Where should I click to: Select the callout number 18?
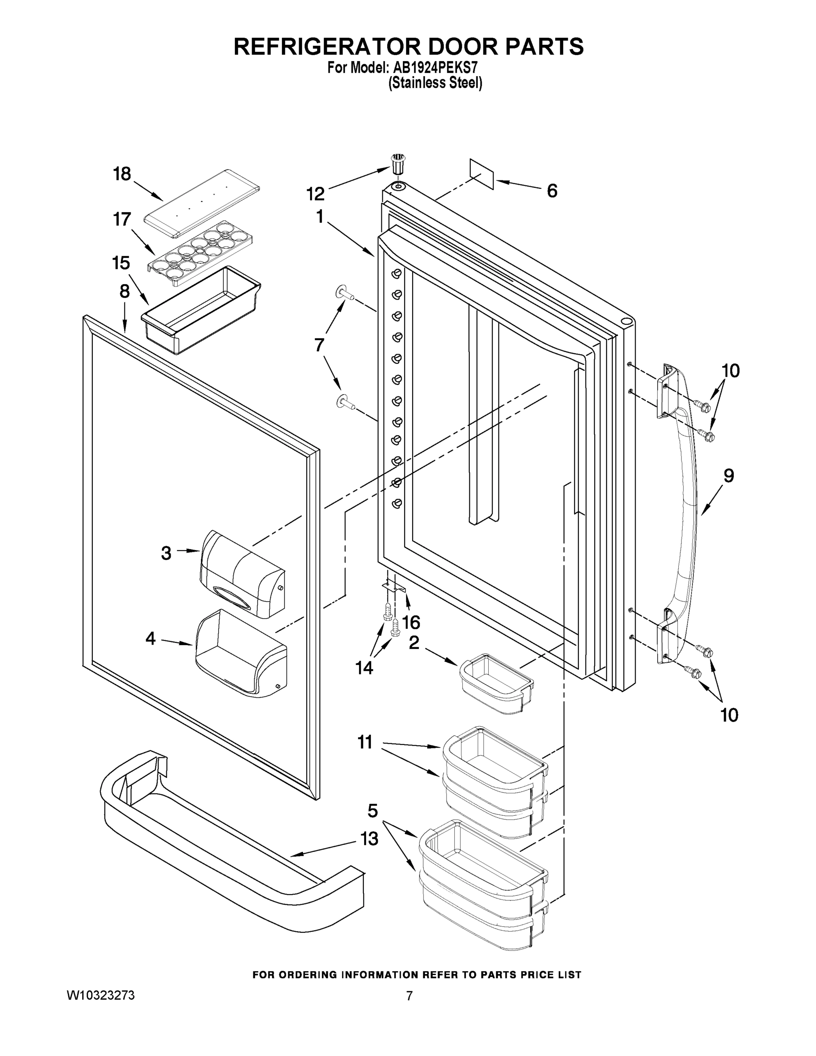point(122,174)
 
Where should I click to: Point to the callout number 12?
point(315,194)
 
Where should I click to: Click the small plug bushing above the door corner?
point(397,165)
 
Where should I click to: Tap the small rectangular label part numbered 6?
point(482,174)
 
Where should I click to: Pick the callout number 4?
point(151,639)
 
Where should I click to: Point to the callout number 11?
point(365,742)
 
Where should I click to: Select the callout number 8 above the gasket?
point(124,291)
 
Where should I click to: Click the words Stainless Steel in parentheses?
point(435,83)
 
